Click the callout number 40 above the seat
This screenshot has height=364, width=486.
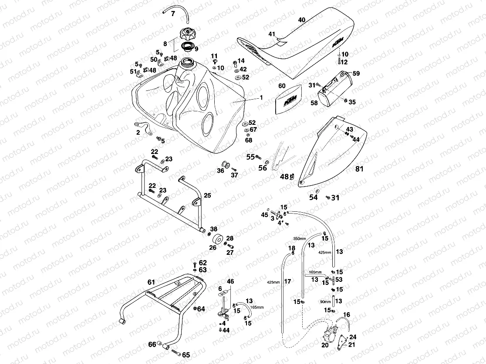pos(302,20)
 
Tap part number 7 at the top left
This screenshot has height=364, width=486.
pos(172,14)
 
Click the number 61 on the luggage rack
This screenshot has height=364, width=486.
pos(151,282)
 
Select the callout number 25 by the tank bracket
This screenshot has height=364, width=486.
pos(207,196)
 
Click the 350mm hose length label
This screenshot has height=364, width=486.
pos(299,239)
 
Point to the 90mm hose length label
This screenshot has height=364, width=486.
pos(324,301)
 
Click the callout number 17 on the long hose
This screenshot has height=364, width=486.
pos(287,281)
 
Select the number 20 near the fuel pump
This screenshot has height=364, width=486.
pos(324,345)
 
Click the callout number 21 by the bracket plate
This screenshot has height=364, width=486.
pos(352,345)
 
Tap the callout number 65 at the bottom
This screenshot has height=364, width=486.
pos(186,355)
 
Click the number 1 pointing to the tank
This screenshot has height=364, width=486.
pos(261,98)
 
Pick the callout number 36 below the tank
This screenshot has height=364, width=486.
pos(221,171)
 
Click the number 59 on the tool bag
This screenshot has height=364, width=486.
pos(356,74)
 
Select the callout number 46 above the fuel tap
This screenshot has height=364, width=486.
pos(230,282)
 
